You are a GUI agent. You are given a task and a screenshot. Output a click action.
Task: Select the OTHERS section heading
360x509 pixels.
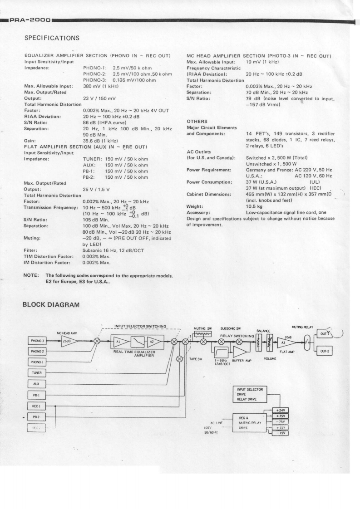tap(197, 121)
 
